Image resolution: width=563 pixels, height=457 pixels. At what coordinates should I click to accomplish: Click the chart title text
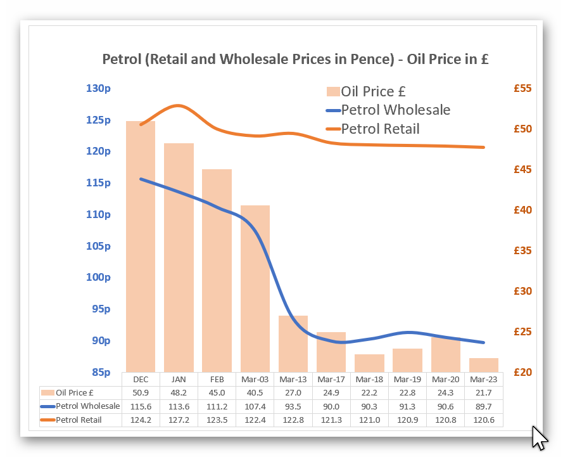(x=296, y=60)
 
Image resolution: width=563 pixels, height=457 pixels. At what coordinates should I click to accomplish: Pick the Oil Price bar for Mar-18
(x=369, y=363)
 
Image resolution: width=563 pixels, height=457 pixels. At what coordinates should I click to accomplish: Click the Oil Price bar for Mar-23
(x=484, y=365)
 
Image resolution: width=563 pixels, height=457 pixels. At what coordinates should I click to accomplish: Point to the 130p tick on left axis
(x=98, y=88)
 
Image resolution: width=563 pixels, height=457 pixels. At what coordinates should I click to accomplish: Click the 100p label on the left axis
(x=98, y=278)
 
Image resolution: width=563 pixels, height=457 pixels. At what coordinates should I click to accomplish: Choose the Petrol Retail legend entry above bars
(x=380, y=129)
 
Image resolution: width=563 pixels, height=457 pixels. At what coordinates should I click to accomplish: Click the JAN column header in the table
(x=179, y=379)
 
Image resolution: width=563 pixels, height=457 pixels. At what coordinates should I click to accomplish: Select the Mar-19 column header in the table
(x=408, y=379)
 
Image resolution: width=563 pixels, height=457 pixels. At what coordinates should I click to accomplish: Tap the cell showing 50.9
(x=141, y=393)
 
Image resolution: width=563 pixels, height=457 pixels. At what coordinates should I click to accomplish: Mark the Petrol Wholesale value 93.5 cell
(x=293, y=406)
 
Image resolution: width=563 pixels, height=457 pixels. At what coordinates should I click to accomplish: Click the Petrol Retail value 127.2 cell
(x=179, y=420)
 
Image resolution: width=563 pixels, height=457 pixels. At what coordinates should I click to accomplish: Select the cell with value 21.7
(x=484, y=393)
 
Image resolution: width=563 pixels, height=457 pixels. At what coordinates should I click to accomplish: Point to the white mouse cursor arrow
(x=538, y=437)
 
